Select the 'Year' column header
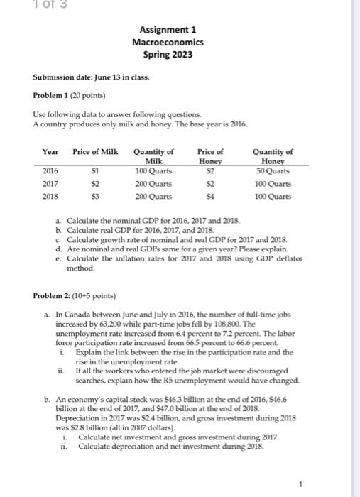pyautogui.click(x=50, y=151)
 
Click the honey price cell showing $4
pyautogui.click(x=210, y=196)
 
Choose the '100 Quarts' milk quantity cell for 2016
pyautogui.click(x=154, y=170)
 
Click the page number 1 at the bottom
pyautogui.click(x=302, y=486)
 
